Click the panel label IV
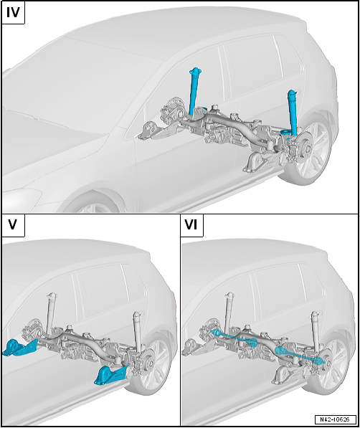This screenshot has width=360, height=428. pos(13,13)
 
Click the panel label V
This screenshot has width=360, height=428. pos(13,225)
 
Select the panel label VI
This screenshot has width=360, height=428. pos(191,225)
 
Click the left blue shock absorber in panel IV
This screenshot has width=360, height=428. pos(195,92)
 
